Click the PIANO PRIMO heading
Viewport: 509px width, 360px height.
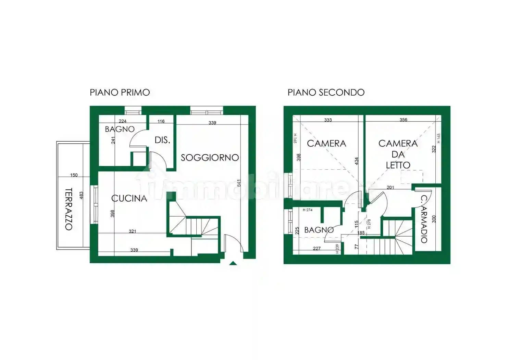(120, 93)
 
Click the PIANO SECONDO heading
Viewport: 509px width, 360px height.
(326, 93)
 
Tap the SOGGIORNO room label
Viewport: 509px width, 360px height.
(210, 158)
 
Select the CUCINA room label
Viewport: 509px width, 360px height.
(129, 198)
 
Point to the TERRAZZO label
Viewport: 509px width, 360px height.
(69, 209)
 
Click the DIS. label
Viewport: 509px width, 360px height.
(162, 140)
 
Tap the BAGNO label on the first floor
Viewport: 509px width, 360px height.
(120, 129)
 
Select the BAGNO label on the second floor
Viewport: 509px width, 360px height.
(319, 230)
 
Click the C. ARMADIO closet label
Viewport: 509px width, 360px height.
(424, 219)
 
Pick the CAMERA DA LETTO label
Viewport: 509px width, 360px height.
(398, 154)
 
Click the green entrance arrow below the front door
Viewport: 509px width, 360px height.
(233, 263)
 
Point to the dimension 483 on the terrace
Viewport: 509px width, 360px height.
(81, 195)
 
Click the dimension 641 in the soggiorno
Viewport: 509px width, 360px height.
(239, 183)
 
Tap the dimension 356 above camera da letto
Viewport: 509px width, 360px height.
(403, 120)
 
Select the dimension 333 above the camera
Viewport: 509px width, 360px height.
(328, 120)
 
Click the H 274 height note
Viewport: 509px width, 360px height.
(307, 210)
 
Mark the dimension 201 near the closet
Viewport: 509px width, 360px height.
(390, 187)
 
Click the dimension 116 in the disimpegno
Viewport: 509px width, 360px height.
(161, 121)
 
